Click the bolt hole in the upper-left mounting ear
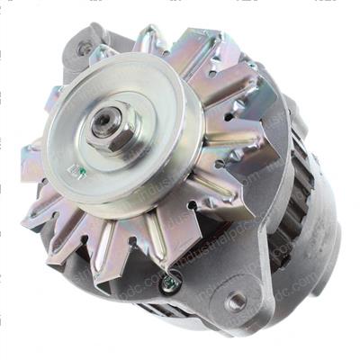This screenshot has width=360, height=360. click(x=85, y=49)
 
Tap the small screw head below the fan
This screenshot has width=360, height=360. click(x=169, y=283)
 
